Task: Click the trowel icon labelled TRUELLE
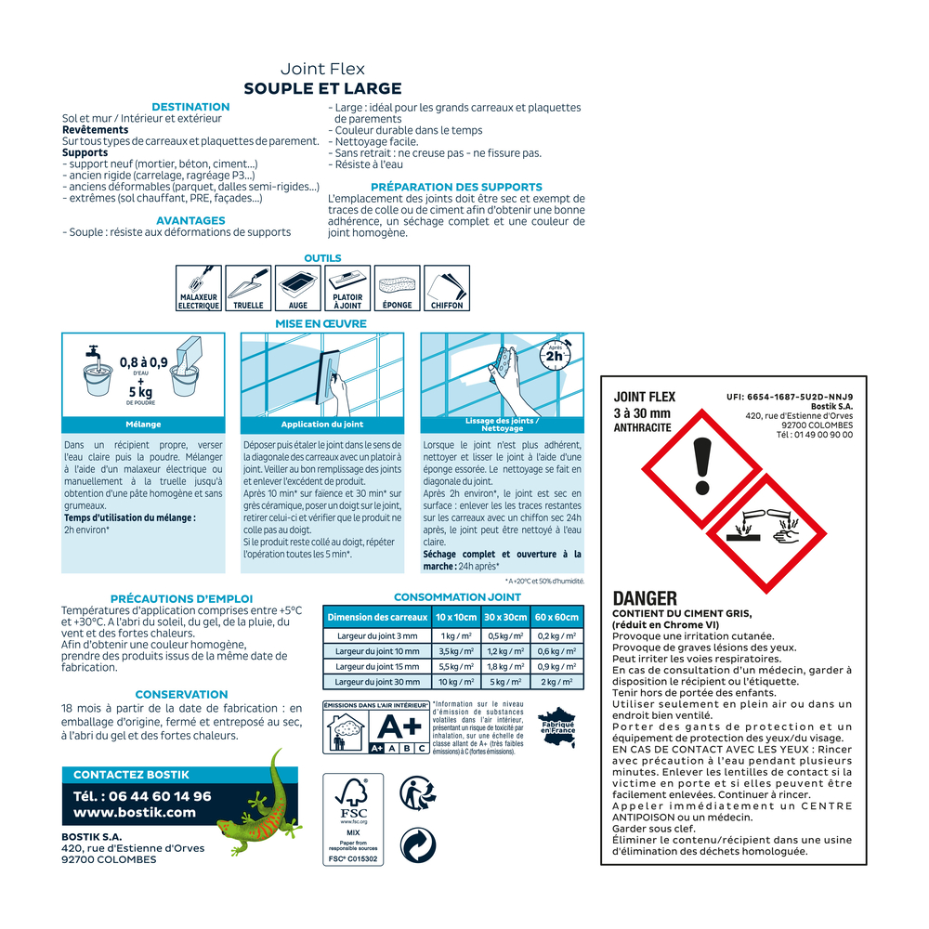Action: pos(248,288)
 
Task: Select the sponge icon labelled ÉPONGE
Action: pos(397,288)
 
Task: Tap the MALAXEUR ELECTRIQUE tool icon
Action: pos(199,288)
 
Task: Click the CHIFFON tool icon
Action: pos(447,288)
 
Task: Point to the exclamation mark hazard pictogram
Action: pos(702,468)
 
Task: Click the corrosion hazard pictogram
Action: pos(766,533)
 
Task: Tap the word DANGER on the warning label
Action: pos(645,598)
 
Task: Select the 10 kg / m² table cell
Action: pos(455,682)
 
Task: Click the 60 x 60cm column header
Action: pos(556,618)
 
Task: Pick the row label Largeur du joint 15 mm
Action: pos(377,666)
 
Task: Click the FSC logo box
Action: pos(353,819)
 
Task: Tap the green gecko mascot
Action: pos(261,801)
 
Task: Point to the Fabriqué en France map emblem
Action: pos(557,727)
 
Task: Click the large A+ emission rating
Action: pos(399,726)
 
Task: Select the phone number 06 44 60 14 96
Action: pos(160,796)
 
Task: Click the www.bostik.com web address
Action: pos(135,812)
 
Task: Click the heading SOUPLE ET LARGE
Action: pos(323,89)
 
